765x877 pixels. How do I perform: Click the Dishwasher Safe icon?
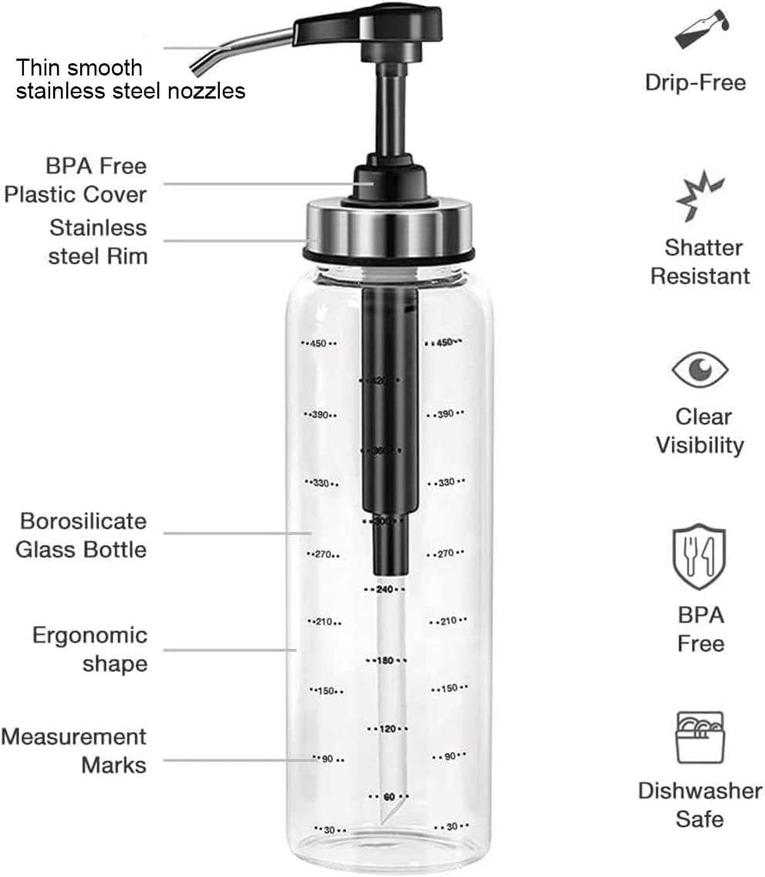click(x=699, y=738)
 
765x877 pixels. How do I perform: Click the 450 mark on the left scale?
click(x=318, y=344)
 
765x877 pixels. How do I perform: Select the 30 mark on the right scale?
click(x=451, y=826)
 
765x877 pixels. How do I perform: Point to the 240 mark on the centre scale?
click(x=385, y=590)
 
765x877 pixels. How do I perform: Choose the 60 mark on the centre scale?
click(x=388, y=796)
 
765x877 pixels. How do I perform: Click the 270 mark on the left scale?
click(x=322, y=554)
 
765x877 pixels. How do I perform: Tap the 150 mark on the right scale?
click(x=449, y=688)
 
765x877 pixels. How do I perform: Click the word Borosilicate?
click(x=83, y=521)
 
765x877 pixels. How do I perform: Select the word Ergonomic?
click(x=89, y=636)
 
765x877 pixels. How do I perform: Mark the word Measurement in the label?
click(x=73, y=737)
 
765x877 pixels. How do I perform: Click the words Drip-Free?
click(x=696, y=82)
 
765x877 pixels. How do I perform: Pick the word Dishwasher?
click(x=699, y=791)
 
